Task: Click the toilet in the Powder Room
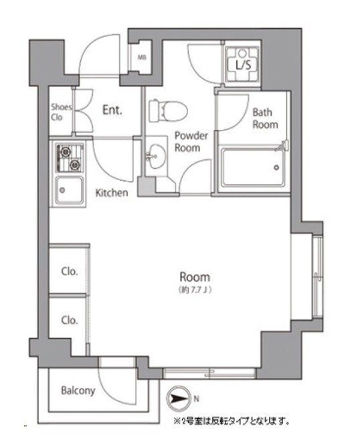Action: pyautogui.click(x=168, y=111)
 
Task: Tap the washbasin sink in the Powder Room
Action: pyautogui.click(x=156, y=156)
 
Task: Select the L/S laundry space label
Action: pyautogui.click(x=244, y=65)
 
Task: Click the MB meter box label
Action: pyautogui.click(x=142, y=58)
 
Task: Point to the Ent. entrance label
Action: pyautogui.click(x=112, y=110)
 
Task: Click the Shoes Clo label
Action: pyautogui.click(x=61, y=112)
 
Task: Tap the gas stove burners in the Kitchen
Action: pyautogui.click(x=70, y=158)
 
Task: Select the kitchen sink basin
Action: pyautogui.click(x=70, y=190)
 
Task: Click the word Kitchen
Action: pyautogui.click(x=111, y=193)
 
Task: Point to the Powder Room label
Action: pyautogui.click(x=191, y=141)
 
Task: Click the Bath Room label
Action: pyautogui.click(x=265, y=119)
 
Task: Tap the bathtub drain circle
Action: pyautogui.click(x=276, y=167)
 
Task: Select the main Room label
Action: pyautogui.click(x=195, y=277)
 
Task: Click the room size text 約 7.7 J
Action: pyautogui.click(x=195, y=290)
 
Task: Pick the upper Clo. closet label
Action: pyautogui.click(x=70, y=271)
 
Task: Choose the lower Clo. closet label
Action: pyautogui.click(x=70, y=320)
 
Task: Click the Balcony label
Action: pyautogui.click(x=78, y=390)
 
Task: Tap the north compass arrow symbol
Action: pyautogui.click(x=179, y=398)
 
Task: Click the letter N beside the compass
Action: pyautogui.click(x=196, y=398)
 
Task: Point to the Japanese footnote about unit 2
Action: pyautogui.click(x=232, y=421)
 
